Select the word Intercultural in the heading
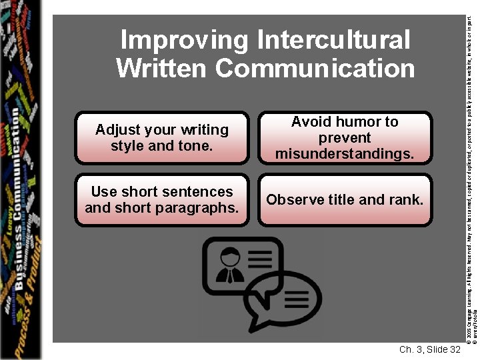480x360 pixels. coord(333,41)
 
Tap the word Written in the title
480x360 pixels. coord(162,68)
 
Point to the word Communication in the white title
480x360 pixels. coord(315,68)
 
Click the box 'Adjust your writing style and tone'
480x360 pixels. coord(161,137)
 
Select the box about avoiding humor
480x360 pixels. coord(345,138)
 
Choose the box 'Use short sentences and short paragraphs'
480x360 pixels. coord(161,200)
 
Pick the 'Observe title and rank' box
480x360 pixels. coord(345,200)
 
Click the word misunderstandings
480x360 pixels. coord(345,154)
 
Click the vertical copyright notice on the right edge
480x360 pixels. coord(471,173)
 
